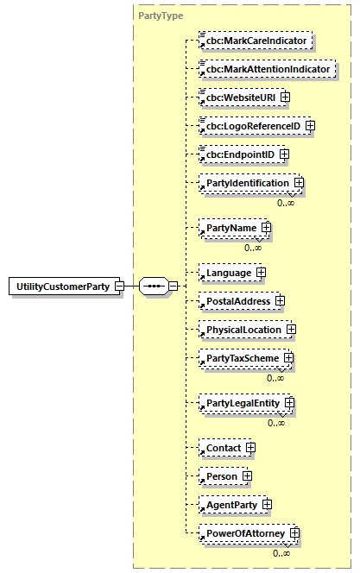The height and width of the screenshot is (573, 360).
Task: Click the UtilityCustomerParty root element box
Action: click(x=65, y=286)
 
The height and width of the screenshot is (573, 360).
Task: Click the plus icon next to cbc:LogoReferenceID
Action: click(x=310, y=126)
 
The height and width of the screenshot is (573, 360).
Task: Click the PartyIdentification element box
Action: click(x=245, y=183)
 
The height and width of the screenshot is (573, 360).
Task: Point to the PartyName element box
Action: click(x=229, y=228)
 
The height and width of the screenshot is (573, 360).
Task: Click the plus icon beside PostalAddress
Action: click(x=280, y=301)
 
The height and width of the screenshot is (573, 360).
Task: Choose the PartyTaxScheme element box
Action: click(x=240, y=358)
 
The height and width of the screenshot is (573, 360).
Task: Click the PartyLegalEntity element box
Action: click(x=241, y=403)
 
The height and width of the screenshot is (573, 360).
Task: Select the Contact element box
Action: click(x=222, y=448)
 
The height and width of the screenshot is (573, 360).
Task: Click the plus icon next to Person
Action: click(x=246, y=476)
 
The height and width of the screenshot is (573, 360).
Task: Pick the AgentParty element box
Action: click(x=230, y=505)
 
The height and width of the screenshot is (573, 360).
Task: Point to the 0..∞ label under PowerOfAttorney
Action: click(x=281, y=553)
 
